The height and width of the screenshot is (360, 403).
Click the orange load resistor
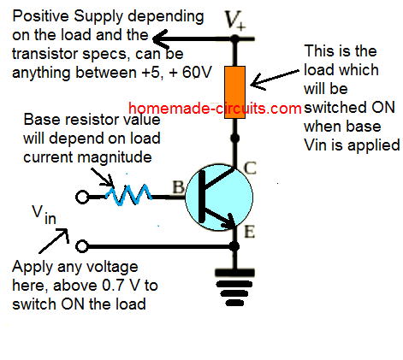[x=234, y=92]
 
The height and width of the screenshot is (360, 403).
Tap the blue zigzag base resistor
[x=128, y=195]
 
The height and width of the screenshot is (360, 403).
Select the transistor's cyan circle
[x=219, y=198]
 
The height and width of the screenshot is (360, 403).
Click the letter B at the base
[x=178, y=187]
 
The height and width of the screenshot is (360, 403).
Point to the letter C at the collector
[x=250, y=168]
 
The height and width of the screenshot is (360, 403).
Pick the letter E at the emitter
[x=249, y=232]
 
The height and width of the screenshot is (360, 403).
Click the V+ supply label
[x=235, y=20]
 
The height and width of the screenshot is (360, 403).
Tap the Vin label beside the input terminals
[x=44, y=215]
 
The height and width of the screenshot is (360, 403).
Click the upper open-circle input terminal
[x=82, y=197]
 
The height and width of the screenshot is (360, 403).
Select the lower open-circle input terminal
[x=82, y=246]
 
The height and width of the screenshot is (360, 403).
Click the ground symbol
[x=234, y=287]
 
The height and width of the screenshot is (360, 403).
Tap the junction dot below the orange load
[x=234, y=139]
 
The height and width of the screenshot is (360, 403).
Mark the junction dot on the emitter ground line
[x=234, y=246]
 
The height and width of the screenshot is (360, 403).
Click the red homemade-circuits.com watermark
[x=215, y=109]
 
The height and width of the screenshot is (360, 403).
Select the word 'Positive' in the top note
[x=41, y=16]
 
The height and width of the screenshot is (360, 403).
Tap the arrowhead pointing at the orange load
[x=258, y=82]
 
